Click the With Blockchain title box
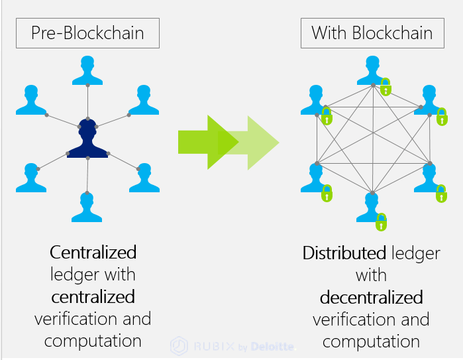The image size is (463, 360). pos(372,32)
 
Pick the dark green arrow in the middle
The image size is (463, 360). pos(207,141)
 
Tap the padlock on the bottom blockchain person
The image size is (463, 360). pos(381,222)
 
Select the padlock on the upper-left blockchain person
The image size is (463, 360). pos(326,117)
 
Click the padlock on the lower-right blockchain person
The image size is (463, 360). pos(440,193)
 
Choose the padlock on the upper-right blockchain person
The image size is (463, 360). pos(442,117)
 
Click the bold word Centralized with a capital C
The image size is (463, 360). pos(93,253)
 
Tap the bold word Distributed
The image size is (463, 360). pos(344,253)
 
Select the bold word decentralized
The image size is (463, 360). pos(372,297)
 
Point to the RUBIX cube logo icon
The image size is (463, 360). pos(180,346)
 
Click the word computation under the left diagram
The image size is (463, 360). pos(93,341)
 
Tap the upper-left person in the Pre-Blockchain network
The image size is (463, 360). pos(31,99)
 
